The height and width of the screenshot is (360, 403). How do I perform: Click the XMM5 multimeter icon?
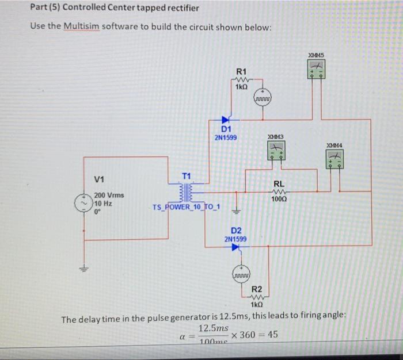[x=315, y=70]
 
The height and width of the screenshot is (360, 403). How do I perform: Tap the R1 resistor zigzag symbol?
[x=241, y=80]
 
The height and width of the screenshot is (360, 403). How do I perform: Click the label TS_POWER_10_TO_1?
[x=187, y=206]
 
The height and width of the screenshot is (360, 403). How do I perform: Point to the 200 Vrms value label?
[x=110, y=196]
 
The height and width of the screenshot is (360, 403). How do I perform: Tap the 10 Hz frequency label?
[x=103, y=203]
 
